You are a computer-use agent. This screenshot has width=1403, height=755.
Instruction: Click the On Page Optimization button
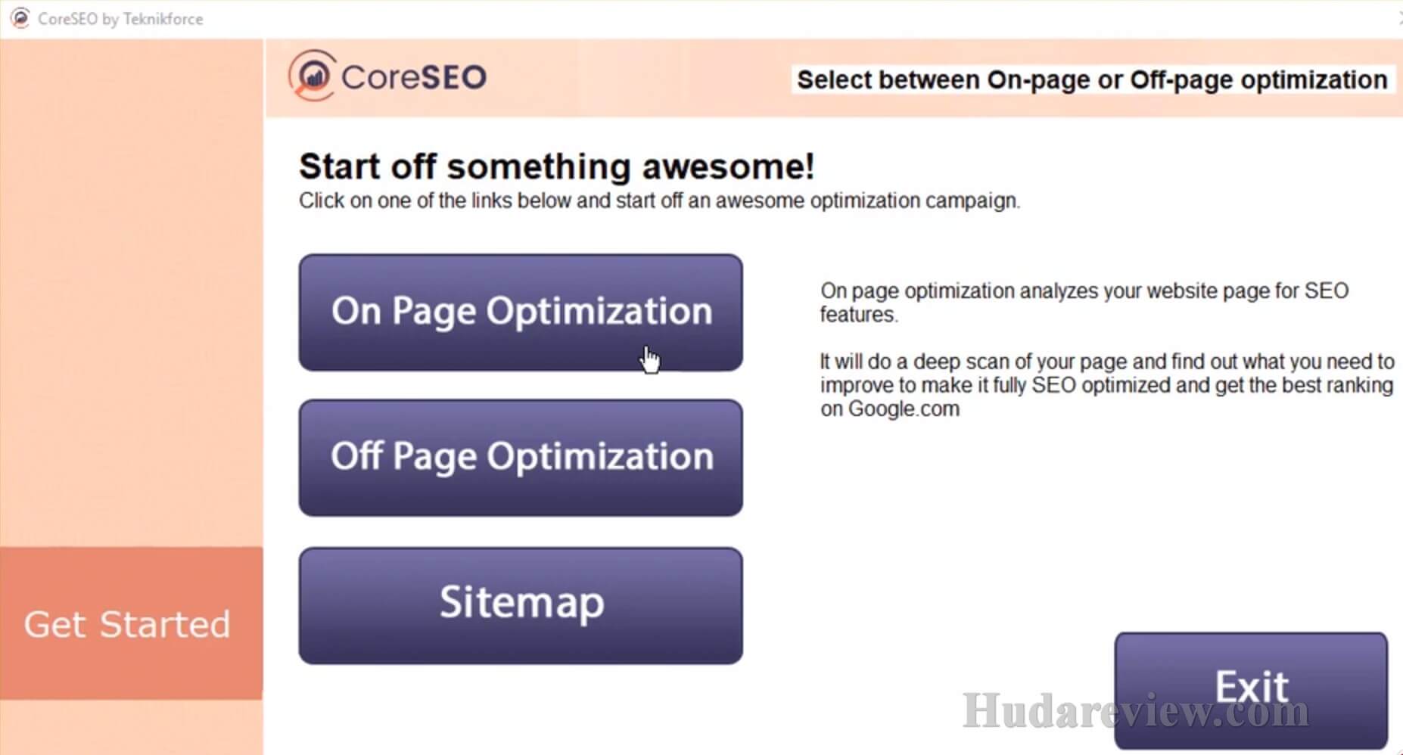(521, 312)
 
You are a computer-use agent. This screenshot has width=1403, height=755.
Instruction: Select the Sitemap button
(521, 606)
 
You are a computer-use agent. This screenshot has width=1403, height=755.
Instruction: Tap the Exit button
(1251, 690)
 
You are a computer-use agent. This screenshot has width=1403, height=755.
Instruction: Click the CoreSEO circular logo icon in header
(312, 76)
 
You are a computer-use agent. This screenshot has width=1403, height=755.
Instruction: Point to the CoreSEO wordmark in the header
(414, 77)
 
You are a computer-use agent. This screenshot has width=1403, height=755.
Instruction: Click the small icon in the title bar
(20, 18)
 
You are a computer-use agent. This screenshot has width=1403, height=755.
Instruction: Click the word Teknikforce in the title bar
(163, 19)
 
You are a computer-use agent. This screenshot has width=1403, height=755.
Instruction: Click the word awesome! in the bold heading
(728, 166)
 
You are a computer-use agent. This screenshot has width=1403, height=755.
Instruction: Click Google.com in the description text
(904, 409)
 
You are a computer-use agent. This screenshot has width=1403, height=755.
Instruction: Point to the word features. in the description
(859, 314)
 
